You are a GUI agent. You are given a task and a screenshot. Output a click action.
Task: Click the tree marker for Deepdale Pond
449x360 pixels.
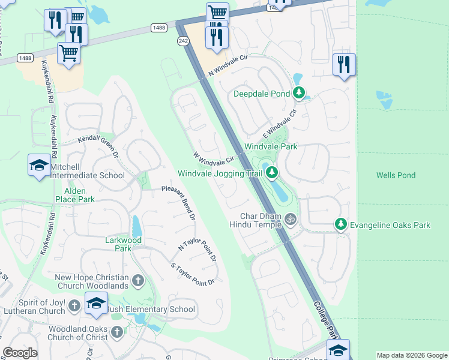click(x=299, y=93)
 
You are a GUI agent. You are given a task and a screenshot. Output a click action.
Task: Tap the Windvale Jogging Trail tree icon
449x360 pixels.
click(x=272, y=173)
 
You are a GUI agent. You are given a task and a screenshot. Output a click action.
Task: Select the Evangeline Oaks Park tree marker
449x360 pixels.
click(x=341, y=224)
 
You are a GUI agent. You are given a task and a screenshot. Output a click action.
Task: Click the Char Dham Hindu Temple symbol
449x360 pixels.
click(x=291, y=219)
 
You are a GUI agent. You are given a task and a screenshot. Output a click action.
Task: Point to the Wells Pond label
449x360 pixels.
click(x=396, y=175)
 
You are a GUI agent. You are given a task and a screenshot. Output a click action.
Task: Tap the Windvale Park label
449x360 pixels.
click(x=271, y=146)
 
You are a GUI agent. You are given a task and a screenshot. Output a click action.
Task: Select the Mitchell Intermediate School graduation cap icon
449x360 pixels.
click(x=39, y=166)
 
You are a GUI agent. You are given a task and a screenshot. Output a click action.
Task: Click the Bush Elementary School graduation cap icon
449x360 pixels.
click(x=96, y=304)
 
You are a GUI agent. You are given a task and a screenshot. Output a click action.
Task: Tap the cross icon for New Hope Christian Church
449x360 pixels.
click(x=137, y=280)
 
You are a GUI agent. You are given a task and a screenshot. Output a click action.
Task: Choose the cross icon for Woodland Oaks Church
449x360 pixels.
click(x=117, y=332)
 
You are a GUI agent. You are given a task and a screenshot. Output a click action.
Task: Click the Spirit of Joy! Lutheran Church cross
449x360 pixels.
click(x=74, y=306)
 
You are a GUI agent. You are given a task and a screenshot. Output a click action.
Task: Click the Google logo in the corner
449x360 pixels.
click(x=20, y=352)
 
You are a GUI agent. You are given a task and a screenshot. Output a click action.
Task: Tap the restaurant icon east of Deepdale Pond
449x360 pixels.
click(x=344, y=64)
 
